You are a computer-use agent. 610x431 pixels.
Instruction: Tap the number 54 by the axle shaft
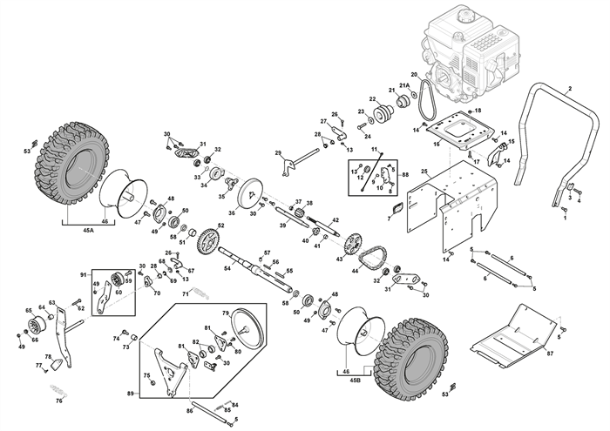click(227, 268)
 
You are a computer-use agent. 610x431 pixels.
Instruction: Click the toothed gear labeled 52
click(207, 239)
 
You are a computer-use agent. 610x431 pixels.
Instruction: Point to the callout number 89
click(131, 394)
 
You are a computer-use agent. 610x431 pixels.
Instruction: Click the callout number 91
click(84, 275)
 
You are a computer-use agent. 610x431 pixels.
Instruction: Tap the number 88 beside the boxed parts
click(404, 175)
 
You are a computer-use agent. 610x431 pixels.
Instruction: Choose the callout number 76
click(59, 401)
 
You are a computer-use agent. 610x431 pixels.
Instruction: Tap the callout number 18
click(478, 111)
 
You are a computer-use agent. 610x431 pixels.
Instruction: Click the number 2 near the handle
click(569, 90)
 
